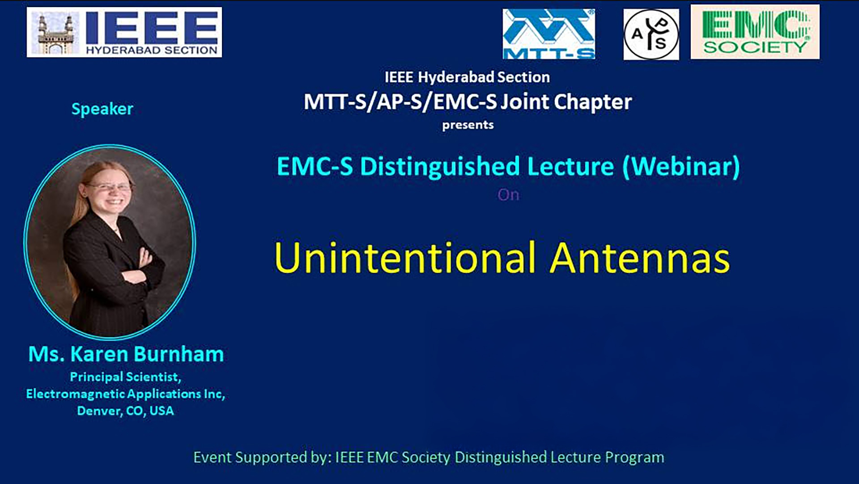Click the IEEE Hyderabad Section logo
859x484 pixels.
pos(124,32)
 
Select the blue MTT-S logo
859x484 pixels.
pos(549,34)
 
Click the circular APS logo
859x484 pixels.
pos(651,34)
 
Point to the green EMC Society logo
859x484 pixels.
pos(755,32)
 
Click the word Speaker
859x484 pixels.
pos(102,109)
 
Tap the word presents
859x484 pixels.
pos(468,125)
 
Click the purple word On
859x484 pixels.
pos(508,195)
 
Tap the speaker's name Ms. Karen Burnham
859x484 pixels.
pos(126,354)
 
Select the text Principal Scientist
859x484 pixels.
pos(125,377)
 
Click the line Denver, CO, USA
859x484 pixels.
pos(125,411)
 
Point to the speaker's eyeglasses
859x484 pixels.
pos(109,187)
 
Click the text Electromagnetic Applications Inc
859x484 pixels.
pos(125,394)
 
